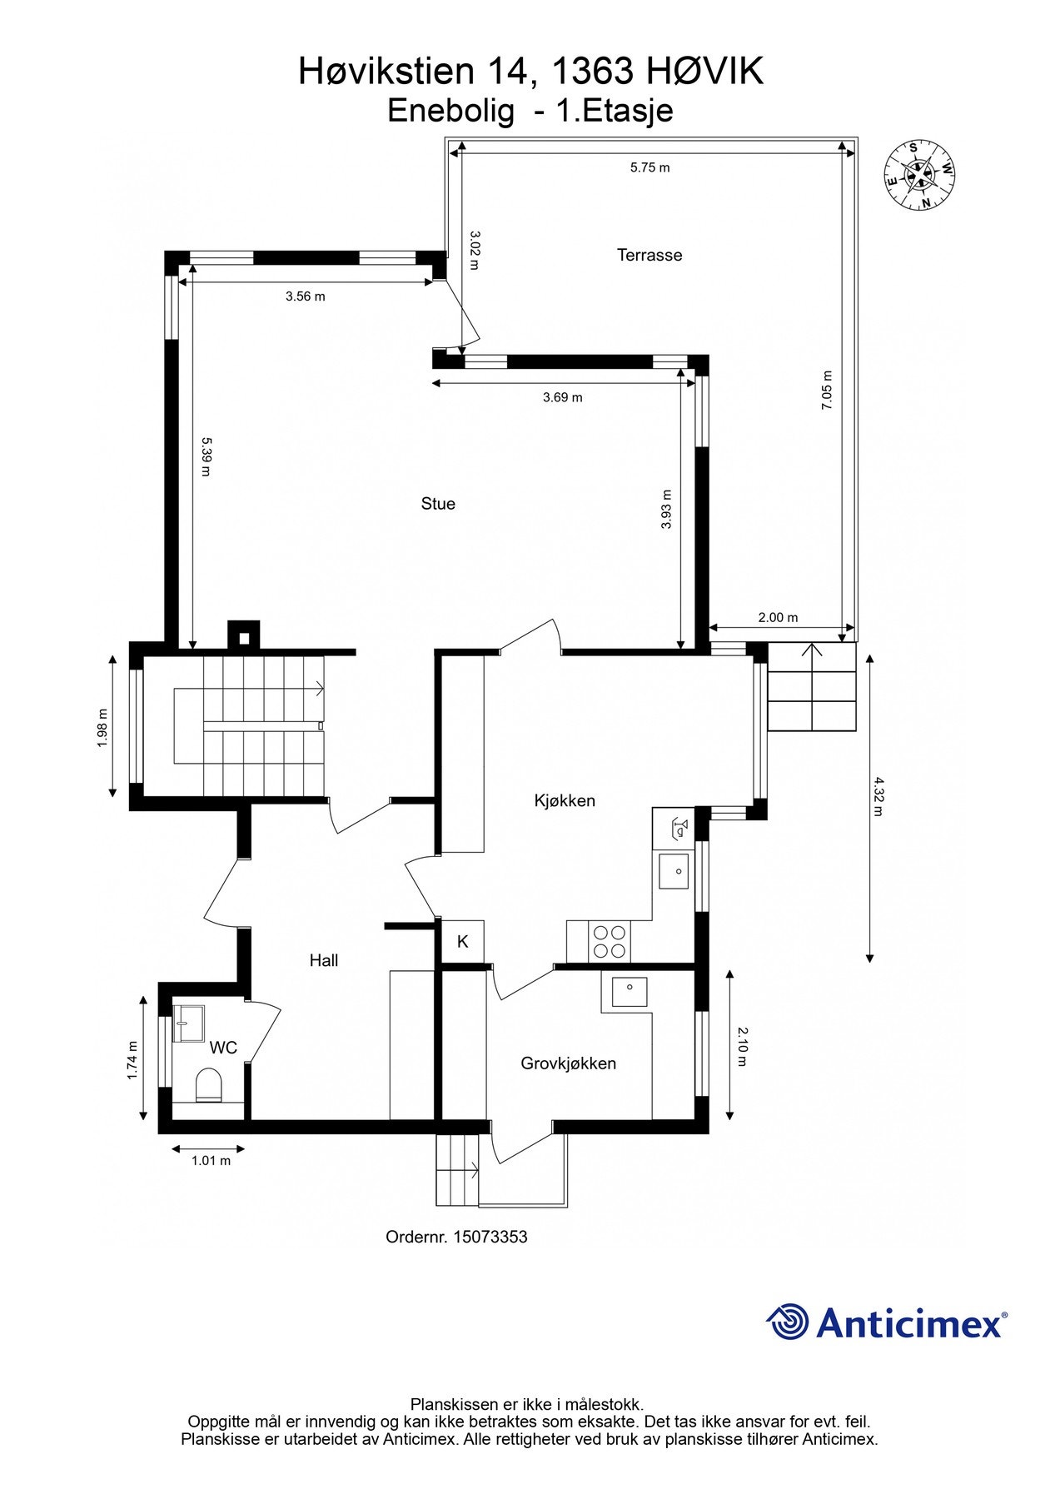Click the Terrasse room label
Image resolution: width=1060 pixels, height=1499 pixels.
tap(649, 255)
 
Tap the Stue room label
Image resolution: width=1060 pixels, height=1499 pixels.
tap(438, 503)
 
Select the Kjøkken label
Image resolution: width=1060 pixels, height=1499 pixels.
tap(565, 800)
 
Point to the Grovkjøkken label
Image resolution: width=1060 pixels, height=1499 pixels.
tap(568, 1063)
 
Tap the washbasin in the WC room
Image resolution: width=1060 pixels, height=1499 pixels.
tap(189, 1023)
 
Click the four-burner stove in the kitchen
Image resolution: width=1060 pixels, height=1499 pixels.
tap(610, 941)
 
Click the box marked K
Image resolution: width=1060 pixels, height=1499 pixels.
tap(463, 942)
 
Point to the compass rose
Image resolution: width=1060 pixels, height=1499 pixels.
tap(919, 174)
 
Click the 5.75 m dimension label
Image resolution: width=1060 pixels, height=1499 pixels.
tap(649, 167)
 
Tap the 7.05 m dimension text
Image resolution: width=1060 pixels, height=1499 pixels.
tap(827, 390)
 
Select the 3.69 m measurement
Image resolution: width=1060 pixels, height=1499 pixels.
tap(563, 397)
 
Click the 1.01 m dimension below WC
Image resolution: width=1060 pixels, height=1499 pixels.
tap(211, 1160)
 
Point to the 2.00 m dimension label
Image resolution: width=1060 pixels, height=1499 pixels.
tap(778, 617)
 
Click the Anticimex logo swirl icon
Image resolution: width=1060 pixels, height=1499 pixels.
tap(788, 1322)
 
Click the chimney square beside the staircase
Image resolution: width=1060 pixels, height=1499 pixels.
tap(244, 638)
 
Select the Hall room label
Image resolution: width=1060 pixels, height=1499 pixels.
tap(324, 960)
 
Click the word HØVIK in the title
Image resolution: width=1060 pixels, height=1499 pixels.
tap(704, 72)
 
